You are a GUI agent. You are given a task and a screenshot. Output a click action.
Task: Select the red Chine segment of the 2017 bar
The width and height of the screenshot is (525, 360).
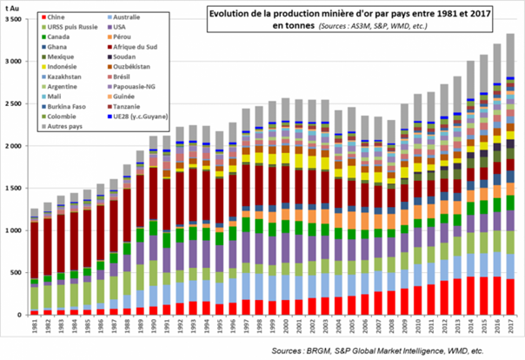pos(509,297)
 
